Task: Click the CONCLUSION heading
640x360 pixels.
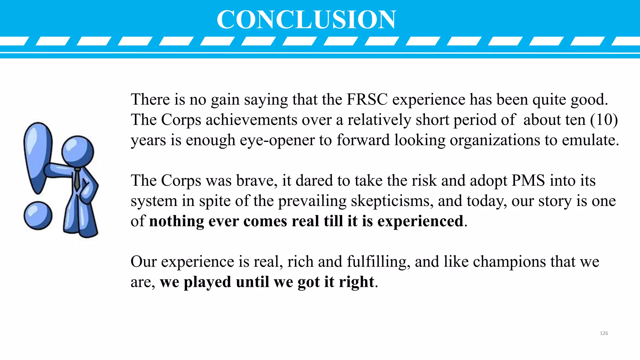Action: pyautogui.click(x=306, y=19)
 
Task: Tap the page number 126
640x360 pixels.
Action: pyautogui.click(x=604, y=333)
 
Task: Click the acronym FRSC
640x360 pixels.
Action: pyautogui.click(x=367, y=99)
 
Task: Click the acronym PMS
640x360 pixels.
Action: pyautogui.click(x=528, y=181)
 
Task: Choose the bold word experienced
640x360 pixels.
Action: pyautogui.click(x=420, y=221)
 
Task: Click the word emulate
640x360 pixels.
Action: pyautogui.click(x=590, y=140)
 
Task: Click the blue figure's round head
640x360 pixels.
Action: pyautogui.click(x=77, y=151)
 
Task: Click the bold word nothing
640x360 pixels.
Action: pyautogui.click(x=177, y=221)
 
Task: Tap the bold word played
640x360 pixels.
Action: pyautogui.click(x=207, y=282)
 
